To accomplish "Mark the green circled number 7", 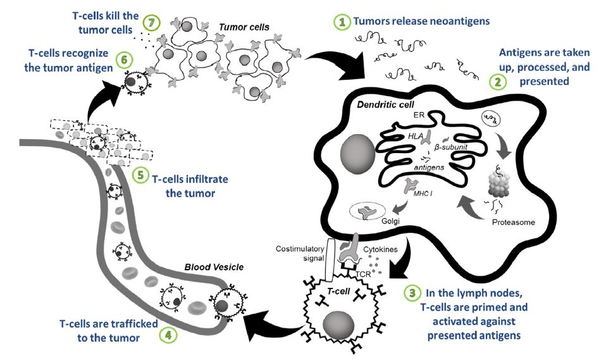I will [149, 22].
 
